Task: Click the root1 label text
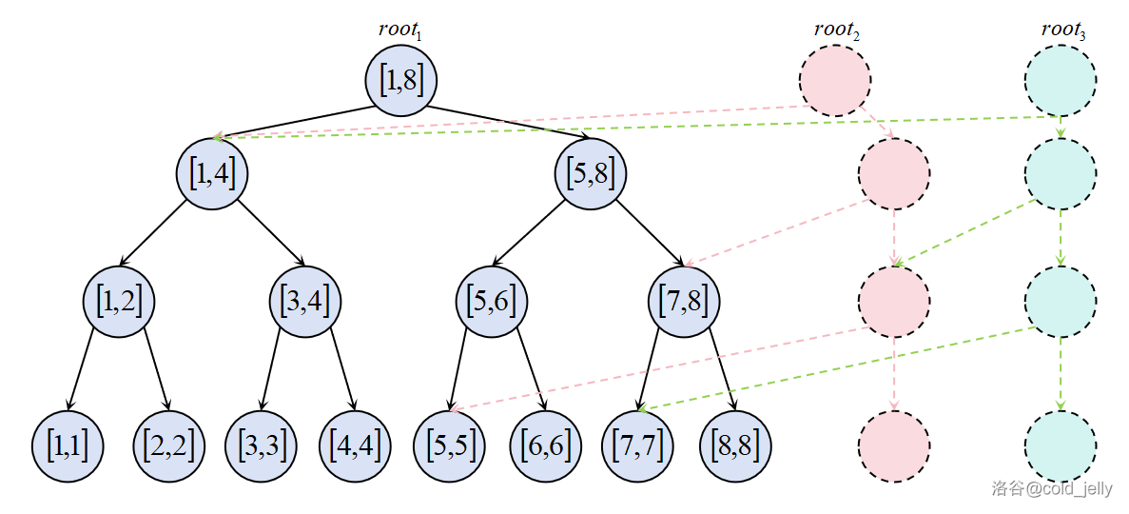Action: click(399, 30)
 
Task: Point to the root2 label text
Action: click(836, 30)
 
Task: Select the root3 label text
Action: click(1062, 30)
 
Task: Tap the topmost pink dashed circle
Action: click(835, 81)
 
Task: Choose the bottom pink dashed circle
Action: click(894, 446)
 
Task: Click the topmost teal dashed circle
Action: click(1061, 81)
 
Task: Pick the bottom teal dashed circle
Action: click(1061, 446)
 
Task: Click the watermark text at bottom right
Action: click(1051, 488)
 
